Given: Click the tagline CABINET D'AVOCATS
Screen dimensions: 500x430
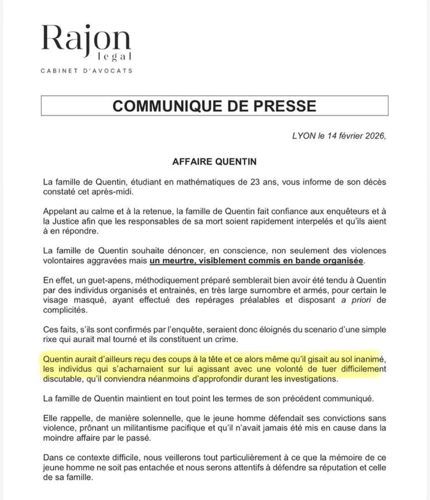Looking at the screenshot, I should coord(87,71).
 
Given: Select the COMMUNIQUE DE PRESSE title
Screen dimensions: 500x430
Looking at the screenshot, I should coord(214,106).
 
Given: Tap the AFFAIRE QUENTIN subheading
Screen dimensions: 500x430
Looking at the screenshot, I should coord(214,162).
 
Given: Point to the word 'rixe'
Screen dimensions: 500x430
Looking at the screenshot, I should coord(50,339).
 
